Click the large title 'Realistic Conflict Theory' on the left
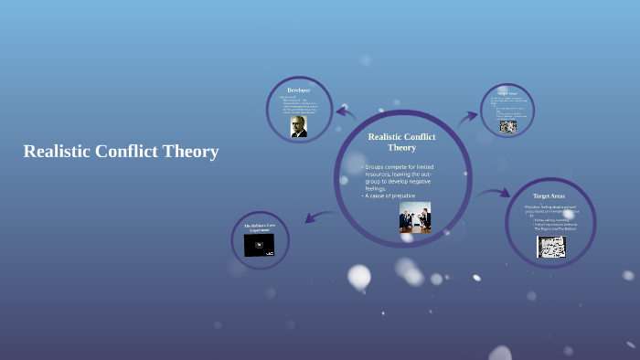pos(121,152)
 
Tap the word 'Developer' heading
pos(298,90)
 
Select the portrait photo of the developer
pos(299,126)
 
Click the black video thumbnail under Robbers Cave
pos(259,245)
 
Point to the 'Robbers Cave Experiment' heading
pos(259,228)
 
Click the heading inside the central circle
pos(401,142)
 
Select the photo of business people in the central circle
pos(415,217)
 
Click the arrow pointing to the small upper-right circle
pos(468,116)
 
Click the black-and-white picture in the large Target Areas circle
pos(550,247)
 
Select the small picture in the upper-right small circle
pos(507,126)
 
